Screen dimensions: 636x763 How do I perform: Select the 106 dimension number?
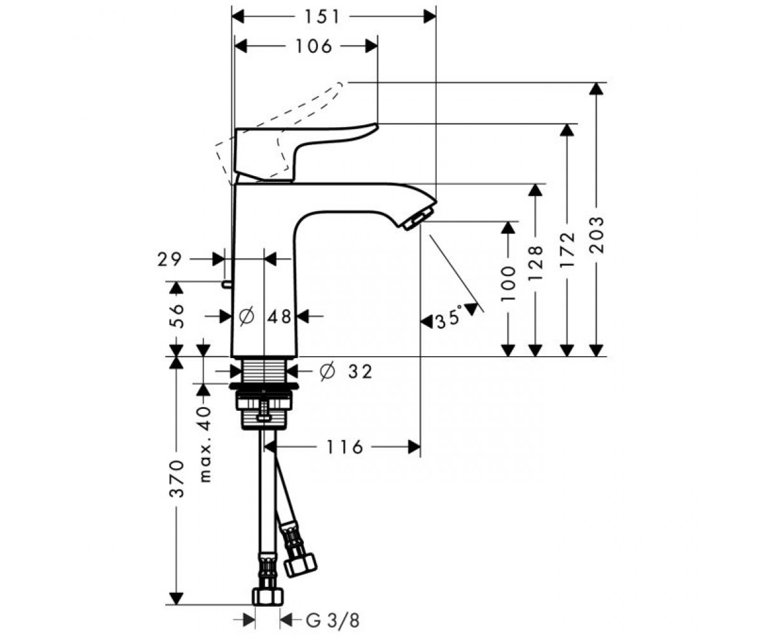point(314,46)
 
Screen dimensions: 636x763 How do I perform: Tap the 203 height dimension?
point(596,235)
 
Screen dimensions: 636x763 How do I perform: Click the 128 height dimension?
point(536,264)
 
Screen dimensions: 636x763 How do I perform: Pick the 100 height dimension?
point(508,282)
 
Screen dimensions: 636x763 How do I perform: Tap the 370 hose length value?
point(176,478)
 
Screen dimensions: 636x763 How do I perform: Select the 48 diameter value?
point(280,315)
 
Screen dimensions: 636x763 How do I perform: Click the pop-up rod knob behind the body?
point(226,284)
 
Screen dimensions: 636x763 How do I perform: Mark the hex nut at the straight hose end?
point(267,596)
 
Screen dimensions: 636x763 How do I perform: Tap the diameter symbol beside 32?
point(327,371)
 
